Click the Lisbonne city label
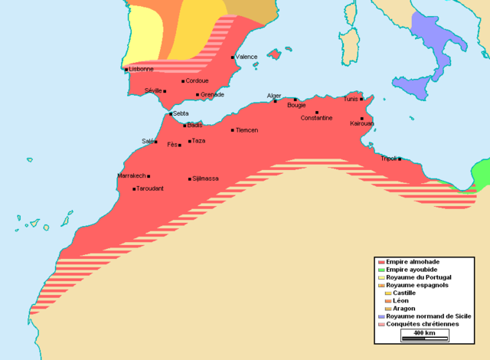(142, 69)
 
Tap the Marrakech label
(131, 175)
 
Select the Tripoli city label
(389, 159)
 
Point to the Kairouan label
(361, 123)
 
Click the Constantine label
(316, 118)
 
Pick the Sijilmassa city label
(206, 178)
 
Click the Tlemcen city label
(247, 130)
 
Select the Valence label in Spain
(247, 57)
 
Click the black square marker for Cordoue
(183, 80)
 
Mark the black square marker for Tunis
(361, 99)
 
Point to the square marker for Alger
(275, 101)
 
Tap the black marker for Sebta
(171, 113)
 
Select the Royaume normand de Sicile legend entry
(429, 316)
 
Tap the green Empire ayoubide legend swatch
(381, 270)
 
